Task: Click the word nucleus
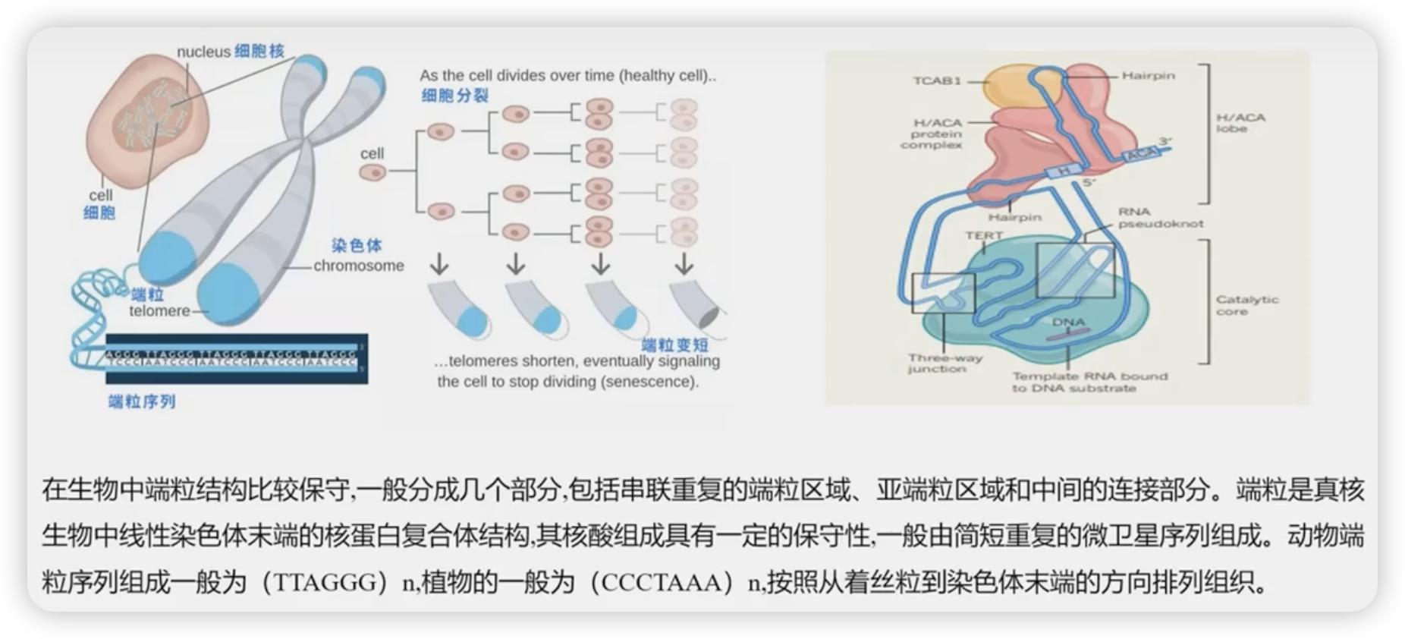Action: click(x=203, y=52)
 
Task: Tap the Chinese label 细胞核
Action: click(x=259, y=51)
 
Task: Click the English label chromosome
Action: click(x=359, y=266)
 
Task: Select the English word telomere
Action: click(x=159, y=311)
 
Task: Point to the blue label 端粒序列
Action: click(x=142, y=401)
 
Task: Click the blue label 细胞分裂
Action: click(x=455, y=96)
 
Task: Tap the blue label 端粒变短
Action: click(x=675, y=345)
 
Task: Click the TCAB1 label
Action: click(x=937, y=80)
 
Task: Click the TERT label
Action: click(x=983, y=236)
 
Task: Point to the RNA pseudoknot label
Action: click(x=1160, y=218)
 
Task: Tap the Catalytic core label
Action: click(x=1246, y=305)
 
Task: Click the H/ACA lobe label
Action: click(x=1240, y=123)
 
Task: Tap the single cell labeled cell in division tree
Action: click(x=372, y=172)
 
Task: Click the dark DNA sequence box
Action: click(x=236, y=358)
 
